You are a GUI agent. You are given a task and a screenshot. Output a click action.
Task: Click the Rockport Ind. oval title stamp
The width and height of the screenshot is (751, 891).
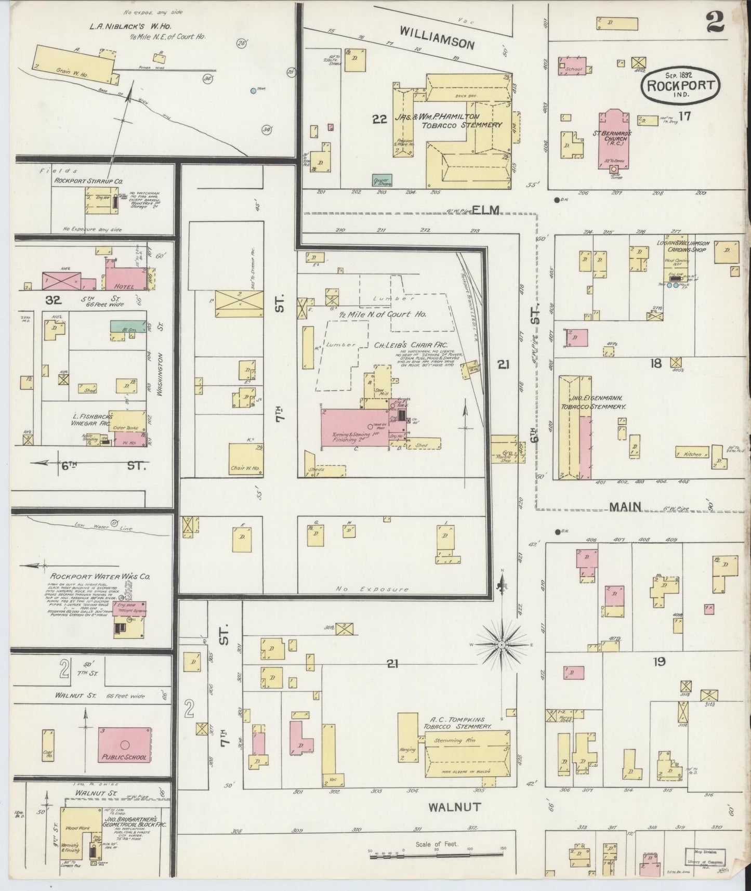pyautogui.click(x=681, y=84)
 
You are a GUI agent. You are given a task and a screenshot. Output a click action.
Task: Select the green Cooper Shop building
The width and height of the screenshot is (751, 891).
pyautogui.click(x=383, y=180)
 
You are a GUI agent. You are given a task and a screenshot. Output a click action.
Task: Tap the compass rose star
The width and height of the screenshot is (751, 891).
pyautogui.click(x=502, y=645)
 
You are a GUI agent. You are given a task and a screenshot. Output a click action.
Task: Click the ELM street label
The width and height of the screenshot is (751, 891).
pyautogui.click(x=486, y=210)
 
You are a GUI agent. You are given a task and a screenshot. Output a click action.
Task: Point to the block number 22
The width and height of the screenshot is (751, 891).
pyautogui.click(x=380, y=120)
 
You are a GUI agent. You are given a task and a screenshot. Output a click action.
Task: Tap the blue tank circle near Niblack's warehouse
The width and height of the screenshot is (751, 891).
pyautogui.click(x=253, y=90)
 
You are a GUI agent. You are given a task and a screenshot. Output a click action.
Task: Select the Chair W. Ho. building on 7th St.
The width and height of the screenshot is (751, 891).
pyautogui.click(x=245, y=460)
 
